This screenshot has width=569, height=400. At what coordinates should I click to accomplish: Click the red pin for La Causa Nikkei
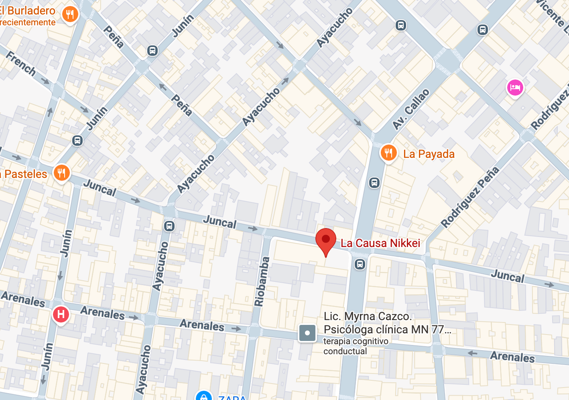325,240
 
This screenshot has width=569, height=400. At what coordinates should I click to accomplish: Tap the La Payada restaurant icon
388,153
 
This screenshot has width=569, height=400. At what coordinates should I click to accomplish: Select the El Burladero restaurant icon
70,14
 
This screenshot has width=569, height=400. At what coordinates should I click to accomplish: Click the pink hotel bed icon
515,88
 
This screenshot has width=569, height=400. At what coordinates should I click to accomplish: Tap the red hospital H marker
61,314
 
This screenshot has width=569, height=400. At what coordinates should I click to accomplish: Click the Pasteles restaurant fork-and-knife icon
61,173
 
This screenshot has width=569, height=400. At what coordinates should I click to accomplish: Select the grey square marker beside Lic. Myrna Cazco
307,333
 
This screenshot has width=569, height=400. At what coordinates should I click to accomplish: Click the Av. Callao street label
410,109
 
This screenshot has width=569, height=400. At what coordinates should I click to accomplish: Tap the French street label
21,63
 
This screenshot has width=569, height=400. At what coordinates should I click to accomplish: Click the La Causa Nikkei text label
380,243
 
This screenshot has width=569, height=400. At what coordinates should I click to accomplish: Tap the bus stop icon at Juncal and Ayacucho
169,226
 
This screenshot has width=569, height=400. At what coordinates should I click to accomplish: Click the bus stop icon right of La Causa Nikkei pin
360,264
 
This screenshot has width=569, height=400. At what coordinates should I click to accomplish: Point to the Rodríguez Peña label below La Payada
470,197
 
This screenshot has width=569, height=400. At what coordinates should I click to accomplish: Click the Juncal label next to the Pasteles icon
100,188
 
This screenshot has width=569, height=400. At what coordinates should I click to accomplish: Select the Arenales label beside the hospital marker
102,312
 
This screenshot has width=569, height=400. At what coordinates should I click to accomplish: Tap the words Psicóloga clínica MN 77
387,330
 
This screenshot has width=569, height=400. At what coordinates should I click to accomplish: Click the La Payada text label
429,154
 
